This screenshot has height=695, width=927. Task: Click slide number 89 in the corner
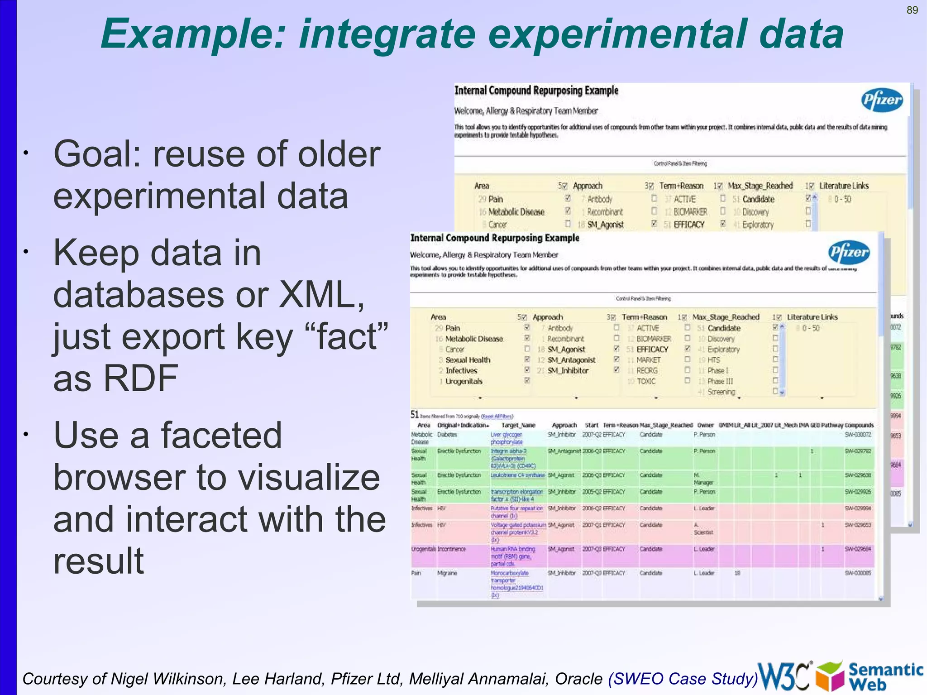[x=912, y=10]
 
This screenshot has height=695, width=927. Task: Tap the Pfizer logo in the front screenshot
[x=849, y=252]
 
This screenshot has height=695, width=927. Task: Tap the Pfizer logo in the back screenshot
[x=882, y=100]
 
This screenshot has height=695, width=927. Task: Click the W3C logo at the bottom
[x=784, y=676]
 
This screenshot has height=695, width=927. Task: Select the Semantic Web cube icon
[x=830, y=676]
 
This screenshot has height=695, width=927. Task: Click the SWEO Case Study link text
[x=683, y=679]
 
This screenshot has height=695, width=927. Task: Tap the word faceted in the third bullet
[x=221, y=435]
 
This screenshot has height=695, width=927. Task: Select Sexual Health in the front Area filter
[x=468, y=360]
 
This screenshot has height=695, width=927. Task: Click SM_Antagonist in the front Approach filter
[x=571, y=360]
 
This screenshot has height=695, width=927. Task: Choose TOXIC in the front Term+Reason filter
[x=646, y=381]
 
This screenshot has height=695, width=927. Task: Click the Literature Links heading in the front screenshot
[x=812, y=317]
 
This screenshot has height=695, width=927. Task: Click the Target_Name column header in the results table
[x=518, y=425]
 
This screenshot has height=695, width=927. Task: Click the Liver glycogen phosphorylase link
[x=507, y=438]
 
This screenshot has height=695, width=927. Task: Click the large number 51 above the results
[x=415, y=414]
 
